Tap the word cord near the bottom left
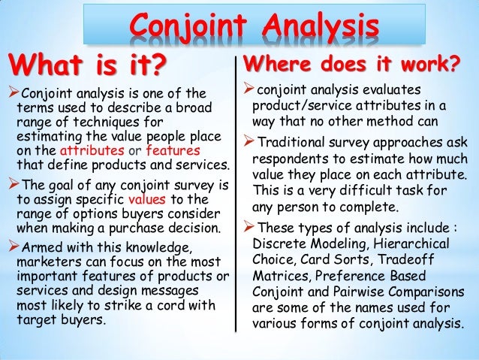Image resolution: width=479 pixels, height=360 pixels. [173, 304]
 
